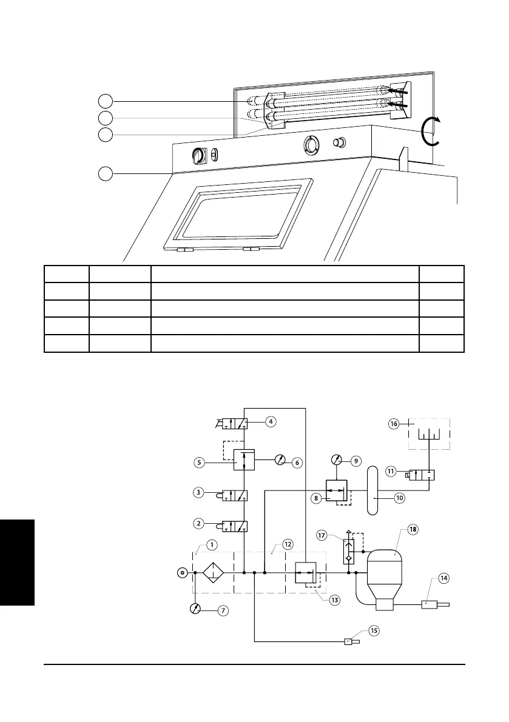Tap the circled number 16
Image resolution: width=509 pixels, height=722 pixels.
coord(394,424)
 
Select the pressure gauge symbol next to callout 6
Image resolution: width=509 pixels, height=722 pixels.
coord(278,461)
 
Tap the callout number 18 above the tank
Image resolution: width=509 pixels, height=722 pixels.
coord(413,529)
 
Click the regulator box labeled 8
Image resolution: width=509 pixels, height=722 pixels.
coord(335,489)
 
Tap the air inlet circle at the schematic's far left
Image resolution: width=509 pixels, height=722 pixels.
coord(181,572)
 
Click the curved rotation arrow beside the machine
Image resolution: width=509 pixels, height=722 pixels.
coord(431,132)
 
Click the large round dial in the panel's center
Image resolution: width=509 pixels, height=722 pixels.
coord(310,145)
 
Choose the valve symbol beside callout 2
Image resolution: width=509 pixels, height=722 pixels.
coord(235,526)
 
